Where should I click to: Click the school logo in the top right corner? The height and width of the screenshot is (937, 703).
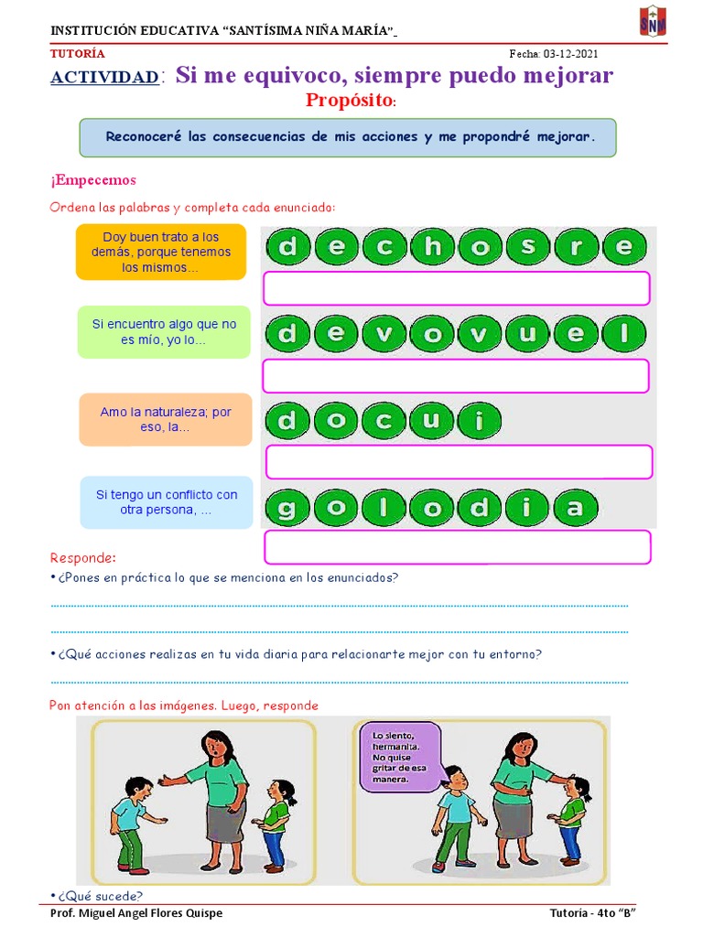click(x=652, y=23)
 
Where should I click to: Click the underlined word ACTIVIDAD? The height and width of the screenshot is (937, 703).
click(x=104, y=78)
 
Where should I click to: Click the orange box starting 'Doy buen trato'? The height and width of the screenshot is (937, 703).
click(x=161, y=252)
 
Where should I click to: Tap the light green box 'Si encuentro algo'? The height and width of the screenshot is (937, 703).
click(x=164, y=331)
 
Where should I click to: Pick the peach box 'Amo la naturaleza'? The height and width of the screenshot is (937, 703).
click(x=165, y=420)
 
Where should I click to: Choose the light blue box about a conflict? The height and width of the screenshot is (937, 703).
click(x=166, y=501)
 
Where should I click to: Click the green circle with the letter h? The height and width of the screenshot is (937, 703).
click(x=433, y=246)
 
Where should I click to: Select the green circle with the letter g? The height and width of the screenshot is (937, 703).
click(x=288, y=508)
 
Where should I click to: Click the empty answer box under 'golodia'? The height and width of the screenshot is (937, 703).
click(x=457, y=547)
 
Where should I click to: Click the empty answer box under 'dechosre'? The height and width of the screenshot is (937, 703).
click(x=456, y=287)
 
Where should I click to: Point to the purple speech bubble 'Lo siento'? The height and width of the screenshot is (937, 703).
click(x=400, y=754)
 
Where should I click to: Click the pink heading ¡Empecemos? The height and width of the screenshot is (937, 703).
click(x=93, y=180)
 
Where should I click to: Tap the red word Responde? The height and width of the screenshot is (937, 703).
click(x=83, y=557)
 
